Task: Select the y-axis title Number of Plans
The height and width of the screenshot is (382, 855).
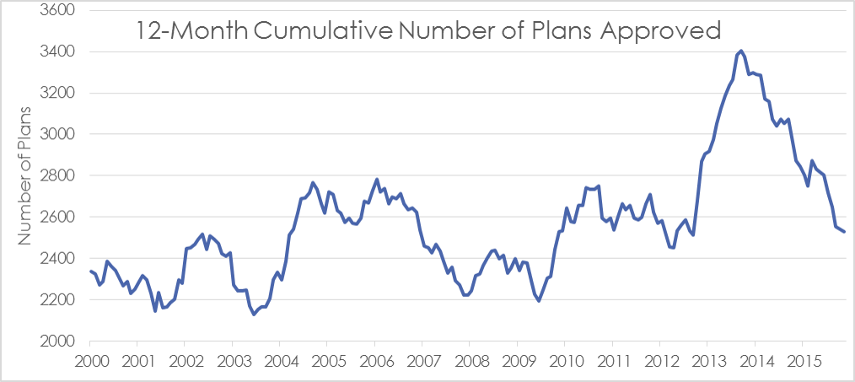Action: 24,174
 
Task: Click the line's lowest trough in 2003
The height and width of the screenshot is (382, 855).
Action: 254,315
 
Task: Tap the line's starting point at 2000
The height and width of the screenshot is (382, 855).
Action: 90,271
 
